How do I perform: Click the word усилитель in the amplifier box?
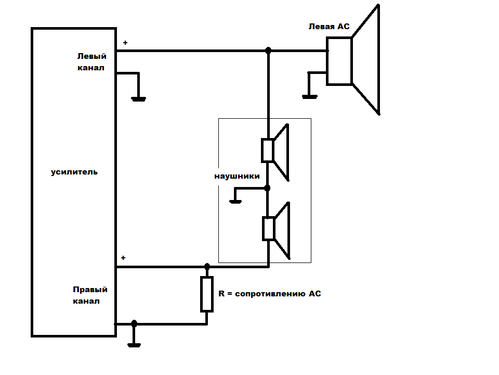point(74,172)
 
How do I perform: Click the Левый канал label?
point(91,62)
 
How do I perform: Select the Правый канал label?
point(90,295)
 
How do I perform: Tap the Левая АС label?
point(329,26)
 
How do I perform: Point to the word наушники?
point(237,176)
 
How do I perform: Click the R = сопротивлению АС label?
point(269,294)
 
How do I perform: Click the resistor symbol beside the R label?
point(207,294)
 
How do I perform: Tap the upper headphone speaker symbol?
point(275,151)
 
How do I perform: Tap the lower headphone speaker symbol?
point(275,229)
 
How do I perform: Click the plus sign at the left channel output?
point(124,43)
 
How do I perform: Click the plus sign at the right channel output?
point(123,258)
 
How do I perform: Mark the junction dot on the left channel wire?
point(268,51)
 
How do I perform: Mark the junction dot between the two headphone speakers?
point(268,187)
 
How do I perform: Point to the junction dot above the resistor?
point(207,267)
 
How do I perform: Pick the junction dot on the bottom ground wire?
point(134,323)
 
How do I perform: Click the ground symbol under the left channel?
point(138,98)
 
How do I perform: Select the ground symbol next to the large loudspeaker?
point(309,96)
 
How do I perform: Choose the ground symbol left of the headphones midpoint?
point(235,201)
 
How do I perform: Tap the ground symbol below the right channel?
point(134,344)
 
